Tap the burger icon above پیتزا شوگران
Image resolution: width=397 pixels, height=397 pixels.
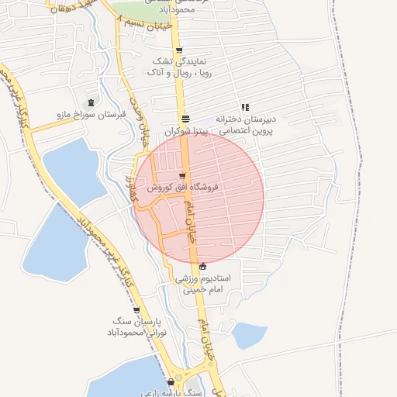185,119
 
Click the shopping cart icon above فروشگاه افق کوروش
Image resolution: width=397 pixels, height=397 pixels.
181,177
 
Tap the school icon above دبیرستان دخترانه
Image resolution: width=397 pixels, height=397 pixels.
245,108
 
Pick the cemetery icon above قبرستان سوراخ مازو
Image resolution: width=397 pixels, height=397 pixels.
91,103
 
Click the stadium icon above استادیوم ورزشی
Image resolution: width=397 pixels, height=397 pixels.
203,266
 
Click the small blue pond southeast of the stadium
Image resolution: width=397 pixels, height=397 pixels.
249,335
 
